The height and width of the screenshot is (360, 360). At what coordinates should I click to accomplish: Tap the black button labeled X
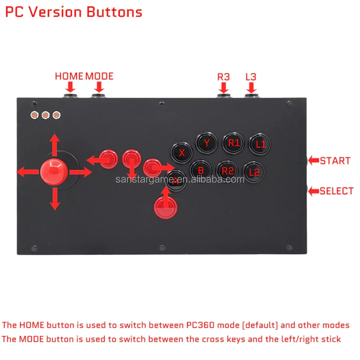point(182,152)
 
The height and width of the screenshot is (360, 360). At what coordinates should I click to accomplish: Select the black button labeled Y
point(206,143)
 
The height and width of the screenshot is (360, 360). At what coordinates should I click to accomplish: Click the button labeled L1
point(260,144)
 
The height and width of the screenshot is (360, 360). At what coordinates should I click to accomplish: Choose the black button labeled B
point(201,171)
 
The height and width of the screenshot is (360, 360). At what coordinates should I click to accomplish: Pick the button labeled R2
point(228,171)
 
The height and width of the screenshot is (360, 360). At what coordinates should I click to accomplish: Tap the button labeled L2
point(254,172)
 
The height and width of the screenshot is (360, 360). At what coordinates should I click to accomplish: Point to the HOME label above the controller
point(69,76)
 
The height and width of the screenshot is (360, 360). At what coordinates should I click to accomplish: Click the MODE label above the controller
point(99,76)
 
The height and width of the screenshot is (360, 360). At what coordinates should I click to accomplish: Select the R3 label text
point(224,76)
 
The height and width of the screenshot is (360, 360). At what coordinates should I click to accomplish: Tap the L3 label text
point(251,76)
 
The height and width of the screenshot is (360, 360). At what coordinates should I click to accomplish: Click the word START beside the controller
point(335,161)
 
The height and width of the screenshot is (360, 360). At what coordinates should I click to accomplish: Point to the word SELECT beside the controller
point(336,191)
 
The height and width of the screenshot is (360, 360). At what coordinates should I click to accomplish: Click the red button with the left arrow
point(108,160)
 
